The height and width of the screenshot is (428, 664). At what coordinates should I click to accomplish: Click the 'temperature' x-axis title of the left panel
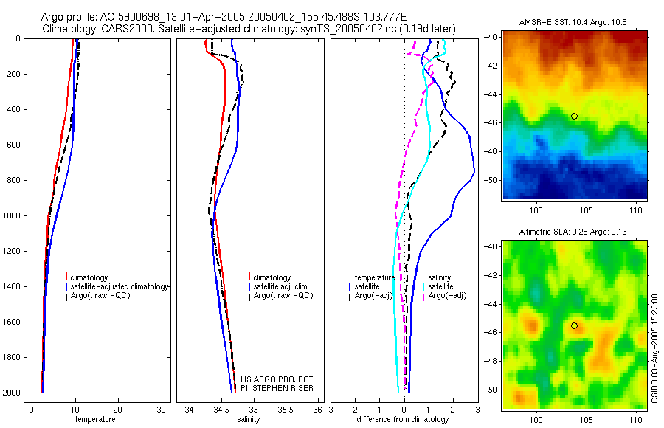tap(95, 419)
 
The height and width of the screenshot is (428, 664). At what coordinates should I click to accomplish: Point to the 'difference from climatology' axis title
tap(402, 419)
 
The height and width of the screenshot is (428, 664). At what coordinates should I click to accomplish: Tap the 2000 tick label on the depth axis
tap(10, 393)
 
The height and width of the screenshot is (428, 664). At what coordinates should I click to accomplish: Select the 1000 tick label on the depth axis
tap(10, 216)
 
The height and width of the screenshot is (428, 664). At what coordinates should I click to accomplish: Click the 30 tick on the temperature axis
tap(162, 410)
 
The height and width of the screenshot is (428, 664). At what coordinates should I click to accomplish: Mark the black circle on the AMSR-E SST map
tap(574, 116)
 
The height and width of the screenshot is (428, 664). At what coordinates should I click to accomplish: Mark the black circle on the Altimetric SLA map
tap(574, 325)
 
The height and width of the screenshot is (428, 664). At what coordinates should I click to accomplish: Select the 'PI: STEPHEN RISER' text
tap(277, 388)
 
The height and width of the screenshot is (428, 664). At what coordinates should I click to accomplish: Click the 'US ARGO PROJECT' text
tap(277, 379)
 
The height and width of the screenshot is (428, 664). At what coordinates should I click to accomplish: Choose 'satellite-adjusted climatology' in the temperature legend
tap(120, 286)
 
